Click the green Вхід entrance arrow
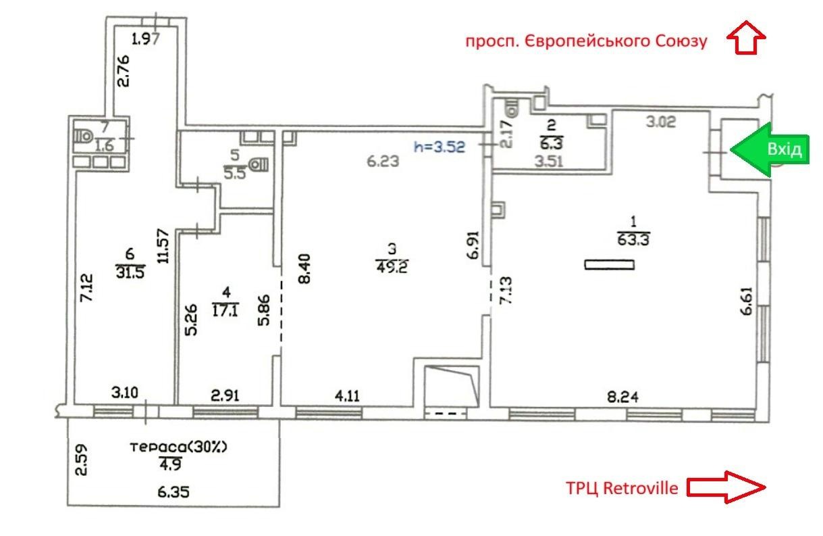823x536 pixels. click(770, 149)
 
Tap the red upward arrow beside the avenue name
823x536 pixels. click(746, 38)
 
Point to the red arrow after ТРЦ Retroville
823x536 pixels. click(726, 487)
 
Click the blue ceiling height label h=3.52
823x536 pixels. click(440, 147)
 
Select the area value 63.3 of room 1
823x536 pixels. click(633, 240)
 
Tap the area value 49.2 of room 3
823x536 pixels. click(392, 267)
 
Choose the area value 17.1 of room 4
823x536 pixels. click(225, 310)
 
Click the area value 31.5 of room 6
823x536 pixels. click(130, 272)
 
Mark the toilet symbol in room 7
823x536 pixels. click(82, 137)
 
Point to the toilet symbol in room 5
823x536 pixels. click(259, 164)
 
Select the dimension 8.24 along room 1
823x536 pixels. click(622, 397)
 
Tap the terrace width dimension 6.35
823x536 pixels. click(174, 492)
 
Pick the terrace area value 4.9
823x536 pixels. click(171, 464)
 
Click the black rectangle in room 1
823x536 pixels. click(610, 264)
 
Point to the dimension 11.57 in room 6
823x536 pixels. click(163, 246)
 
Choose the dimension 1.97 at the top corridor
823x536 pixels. click(146, 39)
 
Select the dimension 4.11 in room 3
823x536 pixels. click(347, 396)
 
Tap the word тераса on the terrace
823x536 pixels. click(158, 447)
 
